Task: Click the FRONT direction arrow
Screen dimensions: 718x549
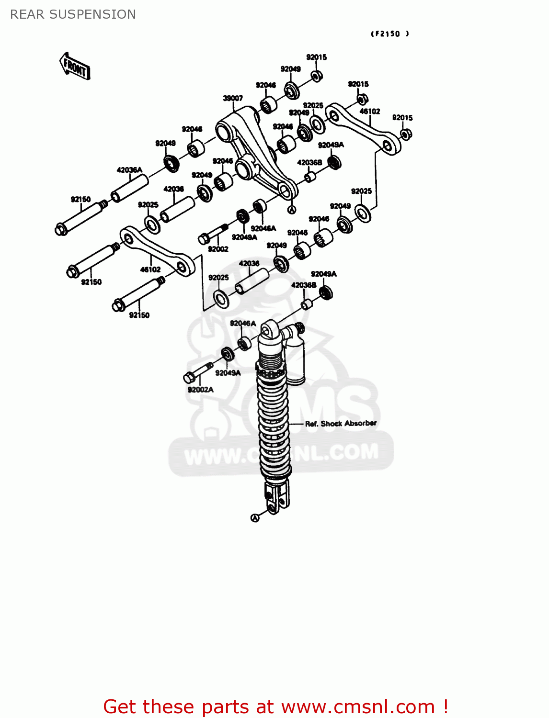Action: [x=75, y=67]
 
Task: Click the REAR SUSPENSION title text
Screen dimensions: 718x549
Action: [x=73, y=14]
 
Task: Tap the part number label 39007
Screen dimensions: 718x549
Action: [x=233, y=98]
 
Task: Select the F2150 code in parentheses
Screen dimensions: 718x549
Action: [x=390, y=34]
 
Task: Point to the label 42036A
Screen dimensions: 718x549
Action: [x=129, y=170]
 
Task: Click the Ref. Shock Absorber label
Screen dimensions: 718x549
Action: [x=341, y=424]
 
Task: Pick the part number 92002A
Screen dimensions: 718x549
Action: [x=200, y=390]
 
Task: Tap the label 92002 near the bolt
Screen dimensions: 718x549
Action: [x=218, y=249]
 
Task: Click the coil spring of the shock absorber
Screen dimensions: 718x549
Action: [x=274, y=421]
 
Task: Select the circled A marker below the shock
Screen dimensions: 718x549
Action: [x=255, y=517]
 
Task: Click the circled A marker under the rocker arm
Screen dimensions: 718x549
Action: [x=292, y=210]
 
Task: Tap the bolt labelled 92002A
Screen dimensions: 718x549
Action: [x=197, y=372]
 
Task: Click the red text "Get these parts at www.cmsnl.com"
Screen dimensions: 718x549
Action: [x=275, y=707]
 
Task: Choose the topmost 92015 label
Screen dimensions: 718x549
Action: [x=316, y=57]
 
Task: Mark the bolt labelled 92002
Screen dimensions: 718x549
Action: [x=213, y=233]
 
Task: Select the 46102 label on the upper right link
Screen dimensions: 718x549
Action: [x=370, y=112]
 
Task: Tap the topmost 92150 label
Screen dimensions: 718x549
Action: [x=80, y=199]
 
